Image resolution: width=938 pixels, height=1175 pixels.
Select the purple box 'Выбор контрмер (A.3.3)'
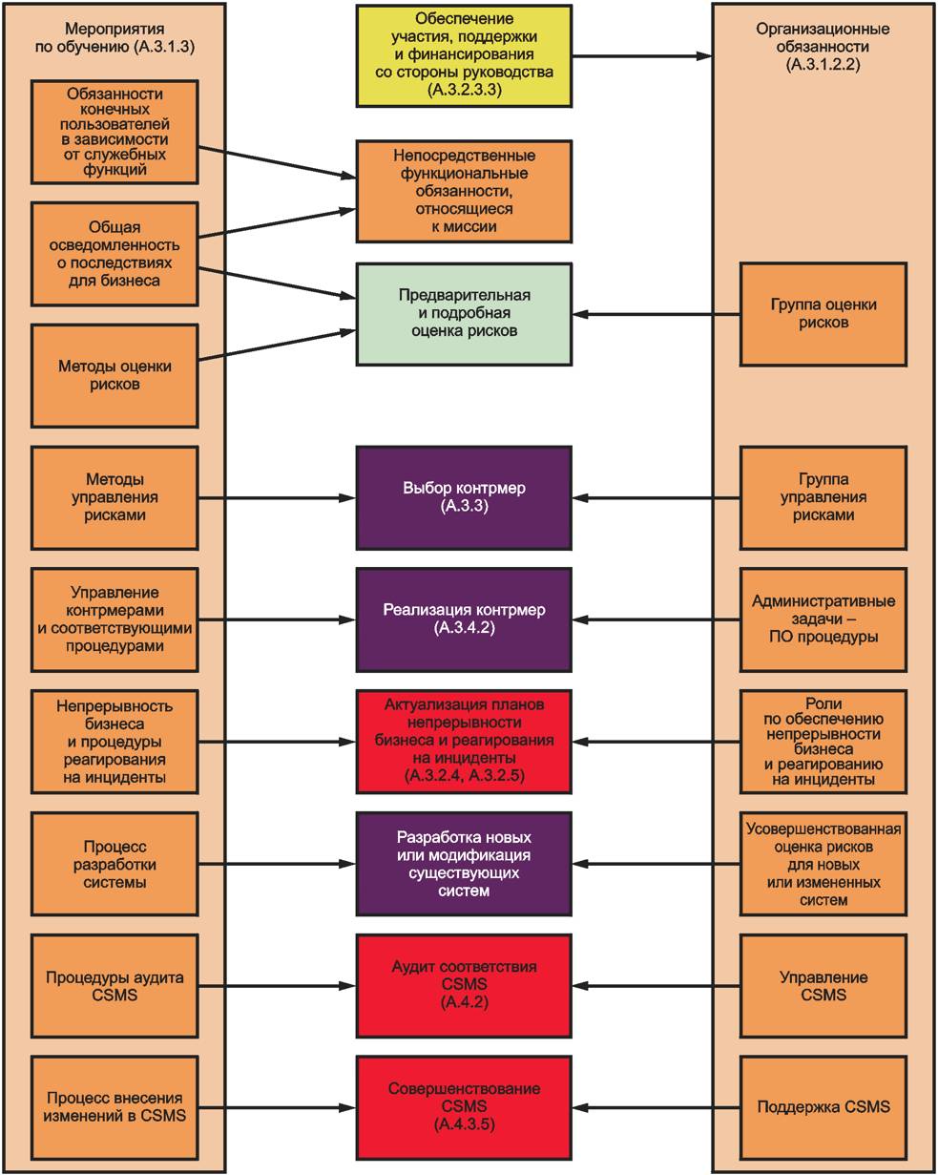[464, 497]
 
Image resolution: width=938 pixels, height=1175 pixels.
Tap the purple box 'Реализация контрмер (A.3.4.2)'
[464, 619]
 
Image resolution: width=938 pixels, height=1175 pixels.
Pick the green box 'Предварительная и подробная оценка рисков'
[464, 314]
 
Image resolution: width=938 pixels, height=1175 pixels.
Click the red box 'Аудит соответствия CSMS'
[464, 985]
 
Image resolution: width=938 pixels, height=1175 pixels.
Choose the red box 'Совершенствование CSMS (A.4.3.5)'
[464, 1107]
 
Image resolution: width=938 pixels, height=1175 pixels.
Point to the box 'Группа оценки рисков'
[823, 314]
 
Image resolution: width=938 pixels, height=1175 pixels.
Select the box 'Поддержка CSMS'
[823, 1107]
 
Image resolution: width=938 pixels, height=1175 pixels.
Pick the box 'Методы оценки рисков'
[115, 375]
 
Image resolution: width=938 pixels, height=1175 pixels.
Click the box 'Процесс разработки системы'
[115, 865]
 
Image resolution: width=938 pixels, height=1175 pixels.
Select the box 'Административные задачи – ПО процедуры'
[823, 619]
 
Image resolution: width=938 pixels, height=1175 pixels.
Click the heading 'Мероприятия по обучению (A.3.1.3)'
[115, 35]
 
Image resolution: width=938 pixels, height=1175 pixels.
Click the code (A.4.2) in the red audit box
[464, 1003]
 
